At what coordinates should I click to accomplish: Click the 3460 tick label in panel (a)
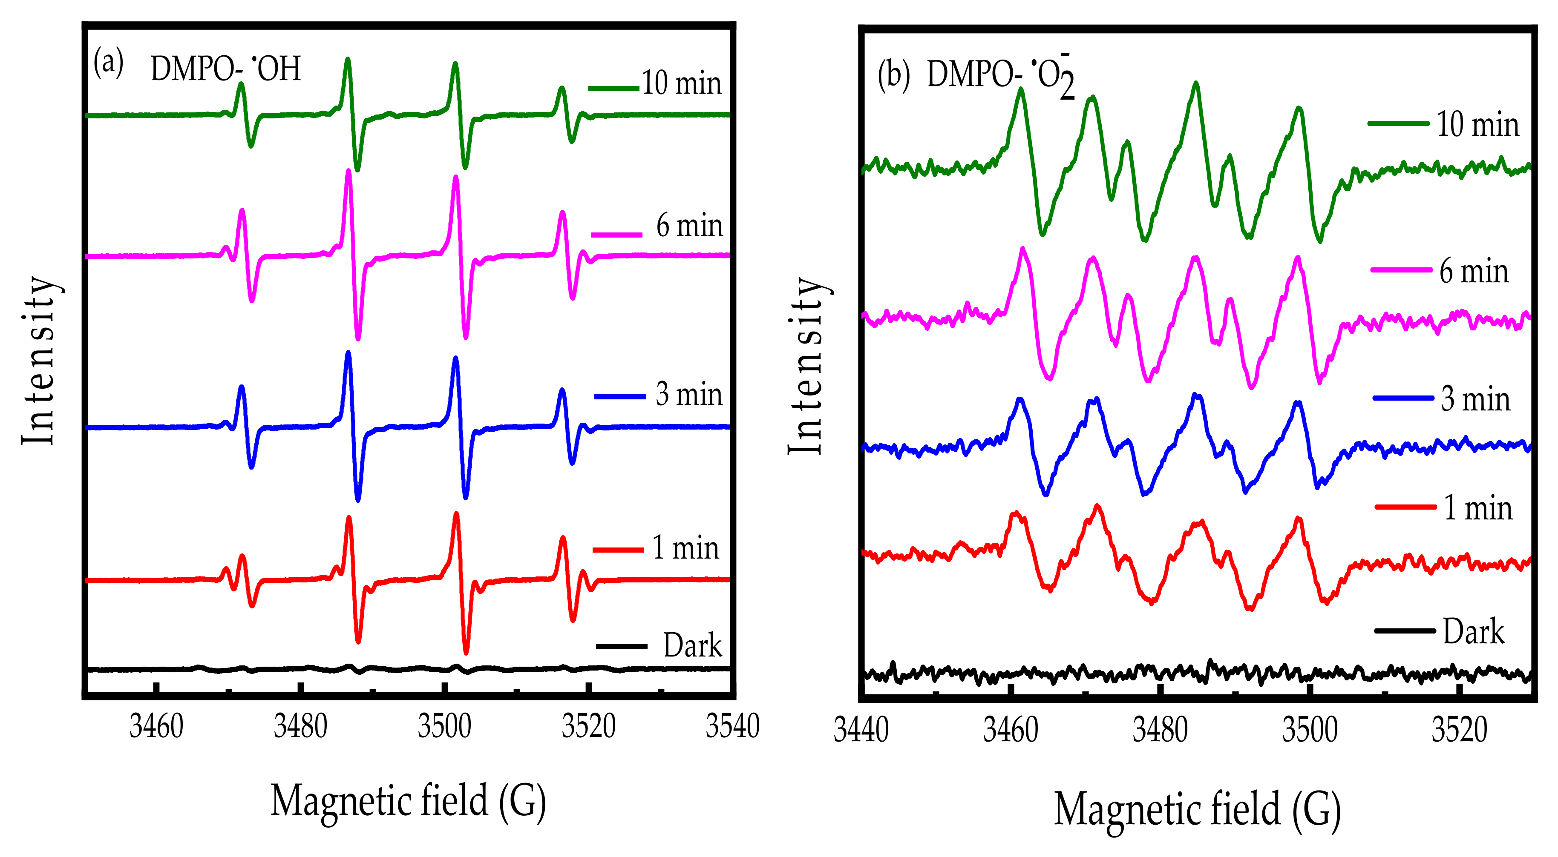[x=156, y=726]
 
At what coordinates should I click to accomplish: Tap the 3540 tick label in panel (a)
[x=732, y=726]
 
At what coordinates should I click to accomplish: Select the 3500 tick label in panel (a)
[x=444, y=726]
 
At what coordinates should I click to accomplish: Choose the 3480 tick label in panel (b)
[x=1160, y=730]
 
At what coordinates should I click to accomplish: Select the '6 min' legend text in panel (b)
[x=1474, y=271]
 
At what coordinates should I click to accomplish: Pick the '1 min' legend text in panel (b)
[x=1477, y=507]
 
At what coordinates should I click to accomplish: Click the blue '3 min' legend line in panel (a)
[x=620, y=396]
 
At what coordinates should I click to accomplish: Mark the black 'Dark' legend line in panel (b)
[x=1404, y=631]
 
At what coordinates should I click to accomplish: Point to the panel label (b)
[x=893, y=75]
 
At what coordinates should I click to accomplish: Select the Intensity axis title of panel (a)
[x=39, y=361]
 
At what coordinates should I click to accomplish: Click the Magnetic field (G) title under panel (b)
[x=1198, y=809]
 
